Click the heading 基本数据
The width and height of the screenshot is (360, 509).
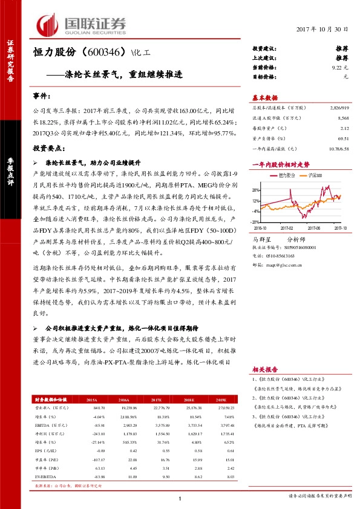click(264, 97)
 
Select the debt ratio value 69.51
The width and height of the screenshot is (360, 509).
click(343, 138)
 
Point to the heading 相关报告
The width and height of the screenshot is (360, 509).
click(264, 369)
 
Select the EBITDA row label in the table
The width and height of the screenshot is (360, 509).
click(43, 426)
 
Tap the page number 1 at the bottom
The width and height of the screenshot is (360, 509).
click(180, 498)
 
